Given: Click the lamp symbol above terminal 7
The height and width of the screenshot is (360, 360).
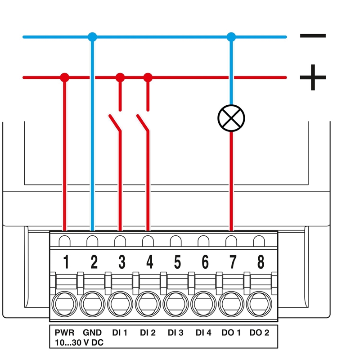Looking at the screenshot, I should pyautogui.click(x=231, y=118).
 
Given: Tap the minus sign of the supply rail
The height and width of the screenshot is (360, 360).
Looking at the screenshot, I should pyautogui.click(x=313, y=36).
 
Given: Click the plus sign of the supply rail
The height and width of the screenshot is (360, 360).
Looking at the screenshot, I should pyautogui.click(x=313, y=77).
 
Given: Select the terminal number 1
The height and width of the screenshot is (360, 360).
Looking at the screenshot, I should pyautogui.click(x=66, y=261).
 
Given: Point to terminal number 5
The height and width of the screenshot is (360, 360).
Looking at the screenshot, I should pyautogui.click(x=177, y=261).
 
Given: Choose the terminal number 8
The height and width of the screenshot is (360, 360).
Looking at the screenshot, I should pyautogui.click(x=261, y=261).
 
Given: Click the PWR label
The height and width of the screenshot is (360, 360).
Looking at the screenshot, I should pyautogui.click(x=64, y=333).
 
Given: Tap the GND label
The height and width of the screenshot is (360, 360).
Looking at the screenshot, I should pyautogui.click(x=92, y=333).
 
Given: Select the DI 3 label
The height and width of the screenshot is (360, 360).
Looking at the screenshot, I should pyautogui.click(x=175, y=333).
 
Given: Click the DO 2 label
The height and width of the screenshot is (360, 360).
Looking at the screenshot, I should pyautogui.click(x=259, y=333).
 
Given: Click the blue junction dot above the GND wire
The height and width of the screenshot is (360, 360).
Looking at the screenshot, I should pyautogui.click(x=92, y=36).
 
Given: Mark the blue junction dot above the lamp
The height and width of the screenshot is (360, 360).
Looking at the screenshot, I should pyautogui.click(x=231, y=36).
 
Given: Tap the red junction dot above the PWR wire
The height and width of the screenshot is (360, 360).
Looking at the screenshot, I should pyautogui.click(x=65, y=77).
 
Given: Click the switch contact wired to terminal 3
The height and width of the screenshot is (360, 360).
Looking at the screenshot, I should pyautogui.click(x=115, y=122).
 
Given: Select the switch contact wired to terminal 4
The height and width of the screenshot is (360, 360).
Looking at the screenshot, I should pyautogui.click(x=143, y=122).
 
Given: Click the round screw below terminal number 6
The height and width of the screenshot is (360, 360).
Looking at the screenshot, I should pyautogui.click(x=205, y=304).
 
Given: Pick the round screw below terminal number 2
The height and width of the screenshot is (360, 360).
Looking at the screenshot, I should pyautogui.click(x=93, y=304).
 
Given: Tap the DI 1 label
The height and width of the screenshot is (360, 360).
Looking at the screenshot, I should pyautogui.click(x=120, y=333).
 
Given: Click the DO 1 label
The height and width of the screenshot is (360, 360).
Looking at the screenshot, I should pyautogui.click(x=231, y=333).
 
